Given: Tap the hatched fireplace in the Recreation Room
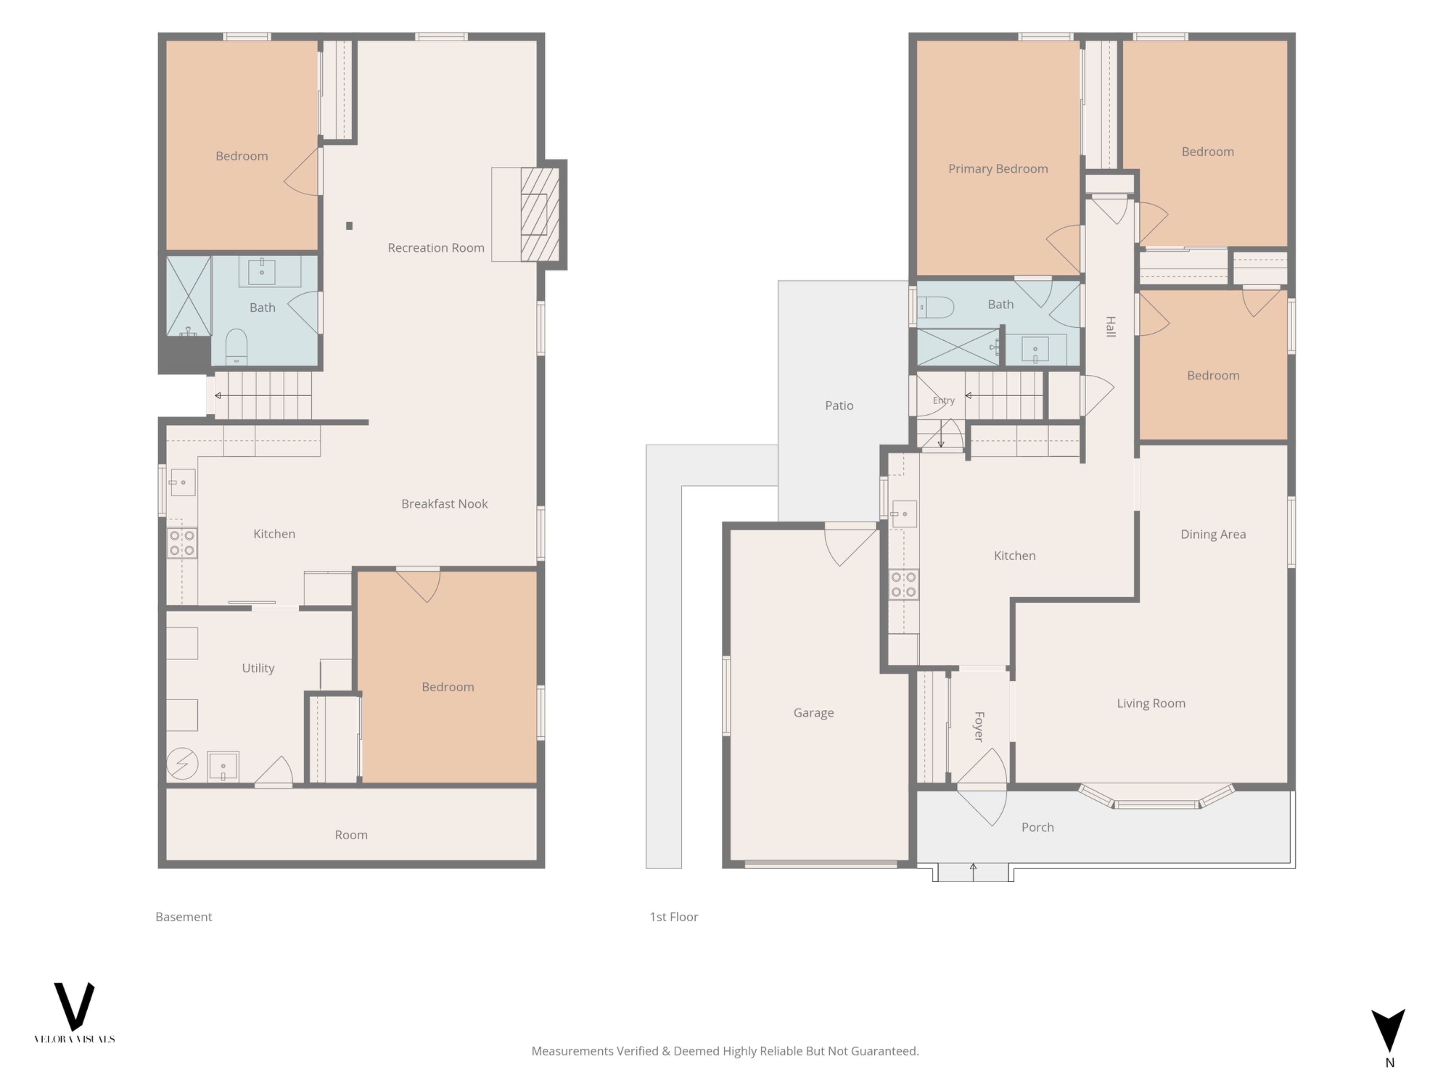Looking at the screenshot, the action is tap(540, 215).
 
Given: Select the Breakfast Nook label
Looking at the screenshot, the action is tap(444, 504).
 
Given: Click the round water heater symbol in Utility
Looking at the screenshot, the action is tap(183, 763).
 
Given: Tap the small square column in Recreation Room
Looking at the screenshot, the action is tap(349, 226).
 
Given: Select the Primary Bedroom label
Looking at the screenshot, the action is tap(998, 168).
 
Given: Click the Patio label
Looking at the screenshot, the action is tap(839, 405).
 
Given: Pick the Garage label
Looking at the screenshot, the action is tap(814, 712).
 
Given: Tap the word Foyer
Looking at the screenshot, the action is tap(979, 726).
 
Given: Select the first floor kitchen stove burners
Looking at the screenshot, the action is tap(903, 584).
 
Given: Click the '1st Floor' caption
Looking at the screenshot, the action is tap(674, 917).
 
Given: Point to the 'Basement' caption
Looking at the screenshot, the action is tap(184, 917).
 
